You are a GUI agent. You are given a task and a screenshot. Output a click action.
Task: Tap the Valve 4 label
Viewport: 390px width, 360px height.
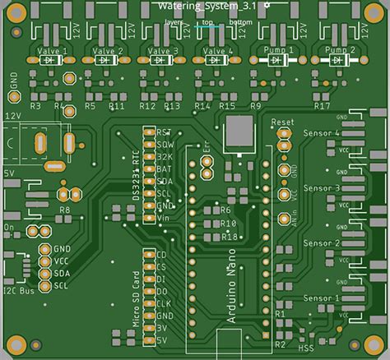[216, 50]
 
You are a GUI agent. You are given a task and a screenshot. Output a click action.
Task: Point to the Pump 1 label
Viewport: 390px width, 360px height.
[276, 50]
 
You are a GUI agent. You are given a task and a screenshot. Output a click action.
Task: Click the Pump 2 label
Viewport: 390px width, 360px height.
[340, 50]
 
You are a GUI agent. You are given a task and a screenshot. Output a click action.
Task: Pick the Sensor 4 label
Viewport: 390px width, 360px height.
[321, 133]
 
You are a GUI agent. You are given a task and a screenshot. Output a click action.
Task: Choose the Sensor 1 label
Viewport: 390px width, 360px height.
[321, 298]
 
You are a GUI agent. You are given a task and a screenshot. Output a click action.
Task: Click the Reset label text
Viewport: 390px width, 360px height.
[282, 122]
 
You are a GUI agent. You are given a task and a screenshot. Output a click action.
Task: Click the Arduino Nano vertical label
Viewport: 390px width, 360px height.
[231, 293]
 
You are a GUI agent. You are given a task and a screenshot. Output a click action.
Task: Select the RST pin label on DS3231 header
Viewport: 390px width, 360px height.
[165, 132]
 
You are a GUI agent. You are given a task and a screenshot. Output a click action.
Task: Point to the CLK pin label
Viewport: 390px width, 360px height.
[164, 303]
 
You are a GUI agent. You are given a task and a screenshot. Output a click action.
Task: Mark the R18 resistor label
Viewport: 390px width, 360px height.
[230, 237]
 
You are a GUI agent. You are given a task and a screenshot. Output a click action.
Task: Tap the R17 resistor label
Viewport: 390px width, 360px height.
[323, 107]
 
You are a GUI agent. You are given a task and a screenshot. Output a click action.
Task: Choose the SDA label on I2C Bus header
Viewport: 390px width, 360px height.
[62, 273]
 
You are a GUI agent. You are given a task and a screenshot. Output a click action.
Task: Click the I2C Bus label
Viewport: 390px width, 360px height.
[18, 290]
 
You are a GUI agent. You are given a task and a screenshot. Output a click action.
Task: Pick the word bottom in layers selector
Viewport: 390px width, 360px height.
[241, 22]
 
